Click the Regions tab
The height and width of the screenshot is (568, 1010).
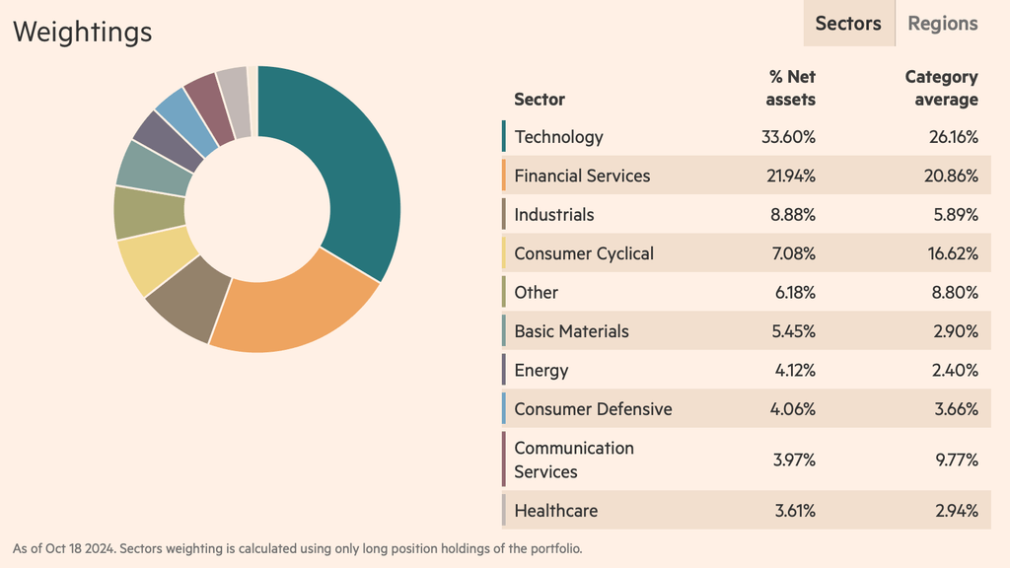[x=942, y=24]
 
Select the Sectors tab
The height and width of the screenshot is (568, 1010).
[x=848, y=24]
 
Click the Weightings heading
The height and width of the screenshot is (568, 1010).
[x=83, y=32]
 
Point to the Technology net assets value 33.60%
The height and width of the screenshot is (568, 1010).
[x=788, y=137]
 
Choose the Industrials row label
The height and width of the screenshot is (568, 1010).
[x=553, y=215]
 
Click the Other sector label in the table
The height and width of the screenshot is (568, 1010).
[x=536, y=293]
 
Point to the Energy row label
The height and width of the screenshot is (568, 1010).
[x=541, y=371]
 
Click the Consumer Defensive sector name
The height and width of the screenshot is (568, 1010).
[x=593, y=409]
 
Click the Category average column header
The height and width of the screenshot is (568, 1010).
[x=941, y=88]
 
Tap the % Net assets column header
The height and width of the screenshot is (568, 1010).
[x=792, y=88]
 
